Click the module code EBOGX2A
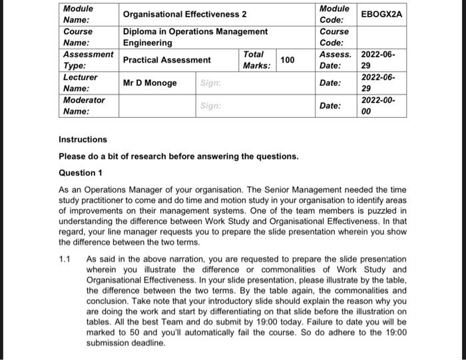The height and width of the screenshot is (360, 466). (x=382, y=14)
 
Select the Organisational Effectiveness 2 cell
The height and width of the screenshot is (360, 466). (x=184, y=15)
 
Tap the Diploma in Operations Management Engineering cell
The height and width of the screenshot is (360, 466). (x=195, y=37)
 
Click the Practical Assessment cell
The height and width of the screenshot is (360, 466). (x=166, y=60)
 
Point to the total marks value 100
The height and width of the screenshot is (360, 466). (x=287, y=61)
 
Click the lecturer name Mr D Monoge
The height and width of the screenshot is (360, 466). (x=150, y=83)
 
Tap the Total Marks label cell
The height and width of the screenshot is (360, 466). (x=256, y=60)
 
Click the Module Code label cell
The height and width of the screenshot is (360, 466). (x=334, y=15)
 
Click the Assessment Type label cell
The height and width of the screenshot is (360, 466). (x=87, y=60)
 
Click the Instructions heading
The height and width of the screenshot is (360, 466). (x=83, y=140)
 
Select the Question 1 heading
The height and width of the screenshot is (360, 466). (x=81, y=173)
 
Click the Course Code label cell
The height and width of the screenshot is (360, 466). (x=334, y=37)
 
